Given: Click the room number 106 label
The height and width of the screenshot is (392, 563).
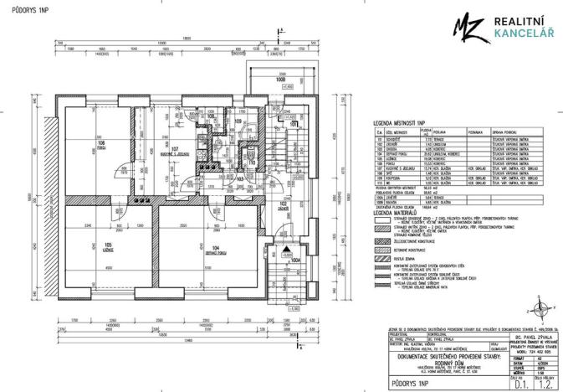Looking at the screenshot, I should click(x=100, y=145).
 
